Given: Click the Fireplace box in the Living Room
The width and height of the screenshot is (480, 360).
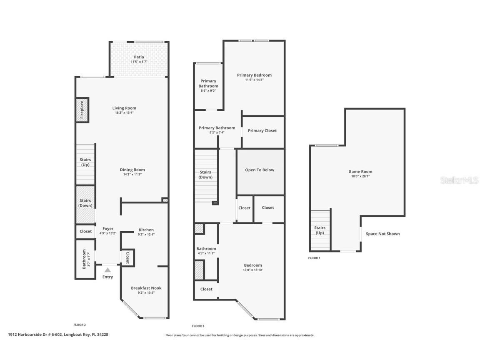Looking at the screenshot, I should [x=82, y=110].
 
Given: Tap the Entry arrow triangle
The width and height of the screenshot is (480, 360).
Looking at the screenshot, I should [x=107, y=270].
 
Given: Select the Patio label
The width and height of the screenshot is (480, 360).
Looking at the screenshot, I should [x=139, y=57].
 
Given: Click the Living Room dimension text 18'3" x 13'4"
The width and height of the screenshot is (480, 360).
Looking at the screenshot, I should [x=124, y=113].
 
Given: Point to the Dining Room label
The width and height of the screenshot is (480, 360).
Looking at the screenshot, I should [x=132, y=170].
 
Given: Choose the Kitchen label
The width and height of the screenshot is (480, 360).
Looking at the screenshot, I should [x=146, y=230].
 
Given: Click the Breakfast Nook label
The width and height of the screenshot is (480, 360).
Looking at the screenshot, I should [x=146, y=288].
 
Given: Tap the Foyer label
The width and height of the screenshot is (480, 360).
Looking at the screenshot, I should [x=107, y=228].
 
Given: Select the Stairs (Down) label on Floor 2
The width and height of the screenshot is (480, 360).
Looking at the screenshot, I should [x=85, y=203].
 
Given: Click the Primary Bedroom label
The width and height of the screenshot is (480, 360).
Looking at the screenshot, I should [x=254, y=75].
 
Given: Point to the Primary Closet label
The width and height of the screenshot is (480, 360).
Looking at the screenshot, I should [x=262, y=130].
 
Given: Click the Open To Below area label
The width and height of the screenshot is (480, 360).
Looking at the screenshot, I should [x=260, y=170].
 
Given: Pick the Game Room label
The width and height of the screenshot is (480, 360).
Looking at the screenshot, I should [x=360, y=171].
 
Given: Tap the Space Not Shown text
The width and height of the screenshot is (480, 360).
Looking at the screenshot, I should [x=382, y=234].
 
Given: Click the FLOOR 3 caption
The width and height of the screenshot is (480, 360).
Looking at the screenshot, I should [x=198, y=326].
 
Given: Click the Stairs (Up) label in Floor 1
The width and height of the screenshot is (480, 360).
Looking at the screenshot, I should [x=320, y=230].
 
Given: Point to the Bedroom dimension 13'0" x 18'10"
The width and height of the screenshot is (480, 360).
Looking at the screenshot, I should [x=253, y=270].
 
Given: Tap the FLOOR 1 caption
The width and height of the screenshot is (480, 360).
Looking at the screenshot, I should [x=314, y=258].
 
